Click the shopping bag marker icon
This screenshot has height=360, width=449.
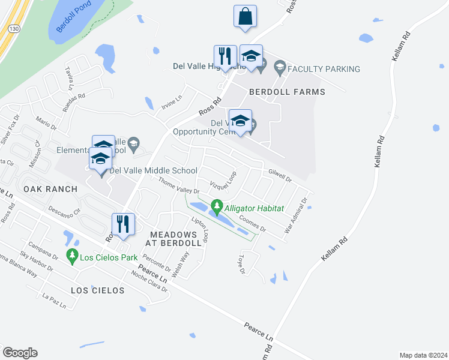(x=246, y=16)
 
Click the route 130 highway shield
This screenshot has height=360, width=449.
(x=13, y=28)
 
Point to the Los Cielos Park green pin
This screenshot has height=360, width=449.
(x=73, y=256)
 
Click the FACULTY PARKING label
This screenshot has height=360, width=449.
(x=324, y=69)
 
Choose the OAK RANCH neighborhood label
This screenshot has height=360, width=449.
(x=50, y=189)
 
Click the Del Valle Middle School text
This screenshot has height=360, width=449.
(x=153, y=170)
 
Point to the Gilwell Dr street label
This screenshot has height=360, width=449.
(x=280, y=175)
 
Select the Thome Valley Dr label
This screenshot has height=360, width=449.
(x=178, y=186)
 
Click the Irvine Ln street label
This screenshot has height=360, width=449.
(x=171, y=104)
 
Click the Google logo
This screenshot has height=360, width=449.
(x=20, y=353)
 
